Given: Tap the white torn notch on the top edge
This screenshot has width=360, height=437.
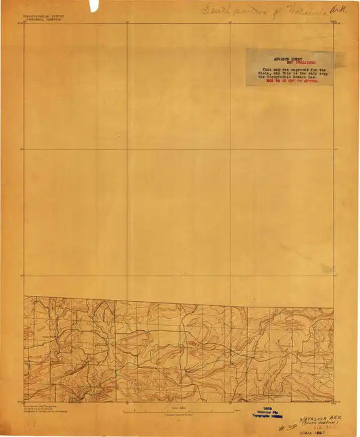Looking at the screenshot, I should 93,5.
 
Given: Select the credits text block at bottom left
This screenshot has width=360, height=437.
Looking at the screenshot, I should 43,408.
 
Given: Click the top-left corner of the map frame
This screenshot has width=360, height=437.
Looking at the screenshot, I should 24,24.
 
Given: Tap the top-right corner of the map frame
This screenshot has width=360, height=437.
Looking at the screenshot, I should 333,24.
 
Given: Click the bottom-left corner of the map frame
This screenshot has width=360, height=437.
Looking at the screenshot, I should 24,403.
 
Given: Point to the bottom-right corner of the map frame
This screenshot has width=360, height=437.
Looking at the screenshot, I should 333,403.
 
